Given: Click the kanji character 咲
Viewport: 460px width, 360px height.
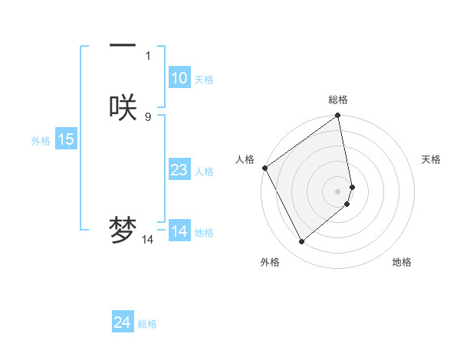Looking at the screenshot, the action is (x=123, y=107).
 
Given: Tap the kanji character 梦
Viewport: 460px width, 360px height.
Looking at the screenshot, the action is (x=123, y=230).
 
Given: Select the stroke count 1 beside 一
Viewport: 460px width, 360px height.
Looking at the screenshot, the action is (x=148, y=55).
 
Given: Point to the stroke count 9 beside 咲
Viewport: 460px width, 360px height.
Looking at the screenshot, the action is (x=148, y=116).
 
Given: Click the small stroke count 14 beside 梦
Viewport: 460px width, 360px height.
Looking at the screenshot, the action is (x=148, y=240).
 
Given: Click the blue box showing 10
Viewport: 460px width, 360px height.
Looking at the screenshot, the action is (x=179, y=78).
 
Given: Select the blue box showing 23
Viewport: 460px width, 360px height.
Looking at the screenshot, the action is (x=179, y=170).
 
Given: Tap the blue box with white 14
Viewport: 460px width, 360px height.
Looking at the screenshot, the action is (x=179, y=231).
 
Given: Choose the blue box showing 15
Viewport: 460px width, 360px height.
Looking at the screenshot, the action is (x=66, y=139).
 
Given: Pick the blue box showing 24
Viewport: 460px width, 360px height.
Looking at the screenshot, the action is (x=123, y=322).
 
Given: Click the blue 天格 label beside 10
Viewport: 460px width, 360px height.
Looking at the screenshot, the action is (x=204, y=80).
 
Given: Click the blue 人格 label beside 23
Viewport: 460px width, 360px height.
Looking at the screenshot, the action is (x=204, y=172).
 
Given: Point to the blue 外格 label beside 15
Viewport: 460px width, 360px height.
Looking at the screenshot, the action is (x=41, y=141).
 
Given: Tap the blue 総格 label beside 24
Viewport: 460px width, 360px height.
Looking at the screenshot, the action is (x=147, y=324).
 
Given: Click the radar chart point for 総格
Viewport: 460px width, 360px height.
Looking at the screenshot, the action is (x=337, y=116).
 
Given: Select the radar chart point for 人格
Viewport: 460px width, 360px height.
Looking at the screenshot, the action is (x=264, y=168).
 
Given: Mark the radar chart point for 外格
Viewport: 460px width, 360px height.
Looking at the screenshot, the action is (x=301, y=241).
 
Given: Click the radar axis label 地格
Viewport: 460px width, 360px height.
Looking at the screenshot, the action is (x=402, y=262).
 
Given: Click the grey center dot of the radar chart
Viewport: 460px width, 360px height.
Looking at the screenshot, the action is (x=337, y=191).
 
